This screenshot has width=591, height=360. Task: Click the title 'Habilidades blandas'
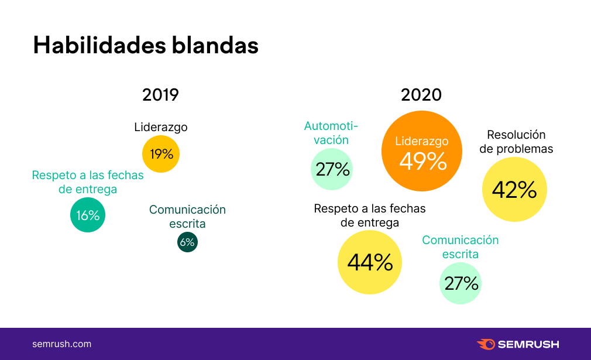(x=145, y=45)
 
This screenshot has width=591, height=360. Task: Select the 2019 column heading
(x=160, y=95)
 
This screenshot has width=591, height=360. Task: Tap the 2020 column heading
(x=421, y=95)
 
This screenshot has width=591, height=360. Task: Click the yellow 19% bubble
(x=161, y=154)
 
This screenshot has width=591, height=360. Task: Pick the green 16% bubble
(x=88, y=215)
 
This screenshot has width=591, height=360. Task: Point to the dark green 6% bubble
(x=187, y=242)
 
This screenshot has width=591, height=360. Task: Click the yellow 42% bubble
(x=514, y=190)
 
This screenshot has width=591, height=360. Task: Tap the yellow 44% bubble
(x=370, y=262)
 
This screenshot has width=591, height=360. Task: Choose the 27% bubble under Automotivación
(x=332, y=169)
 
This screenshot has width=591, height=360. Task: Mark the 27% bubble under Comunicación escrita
(x=461, y=283)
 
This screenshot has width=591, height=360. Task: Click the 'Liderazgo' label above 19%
(x=161, y=127)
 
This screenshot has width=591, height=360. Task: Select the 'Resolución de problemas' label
(x=516, y=142)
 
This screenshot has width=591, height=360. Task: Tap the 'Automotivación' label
(x=331, y=133)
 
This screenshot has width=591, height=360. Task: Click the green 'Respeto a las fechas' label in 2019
(x=88, y=182)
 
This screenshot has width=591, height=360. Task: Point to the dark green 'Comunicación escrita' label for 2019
(x=187, y=217)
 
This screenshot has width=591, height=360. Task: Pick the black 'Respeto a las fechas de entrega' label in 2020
(x=370, y=215)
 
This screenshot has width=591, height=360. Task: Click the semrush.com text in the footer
(x=61, y=344)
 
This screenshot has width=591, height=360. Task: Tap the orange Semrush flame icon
(x=486, y=344)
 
